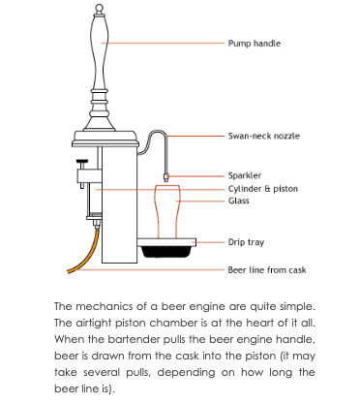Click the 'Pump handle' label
coord(254,44)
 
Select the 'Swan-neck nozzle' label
coord(263,137)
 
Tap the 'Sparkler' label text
coord(244,175)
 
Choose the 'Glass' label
coord(238,201)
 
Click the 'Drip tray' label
coord(246,242)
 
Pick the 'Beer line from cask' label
coord(266,270)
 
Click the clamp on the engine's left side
coord(79,174)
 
